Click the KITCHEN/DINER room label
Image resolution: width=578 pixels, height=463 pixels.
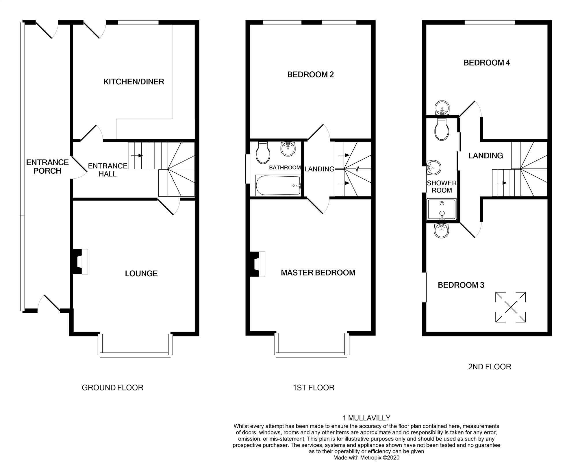134,82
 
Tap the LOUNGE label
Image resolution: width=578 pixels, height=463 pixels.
141,273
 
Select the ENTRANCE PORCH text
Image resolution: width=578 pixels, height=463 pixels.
47,166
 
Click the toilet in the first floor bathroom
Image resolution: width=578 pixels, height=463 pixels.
263,153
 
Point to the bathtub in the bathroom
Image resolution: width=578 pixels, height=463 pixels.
278,186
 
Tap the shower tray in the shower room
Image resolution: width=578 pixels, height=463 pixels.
442,209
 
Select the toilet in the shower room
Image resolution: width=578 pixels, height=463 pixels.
442,129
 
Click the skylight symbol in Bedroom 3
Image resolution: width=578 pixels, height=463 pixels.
510,307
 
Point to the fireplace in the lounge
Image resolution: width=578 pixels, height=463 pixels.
79,261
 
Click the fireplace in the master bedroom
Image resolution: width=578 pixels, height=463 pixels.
257,264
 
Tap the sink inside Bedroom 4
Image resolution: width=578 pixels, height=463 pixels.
442,108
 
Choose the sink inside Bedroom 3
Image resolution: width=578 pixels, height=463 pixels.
441,231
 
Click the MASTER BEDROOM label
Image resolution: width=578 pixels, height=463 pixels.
318,273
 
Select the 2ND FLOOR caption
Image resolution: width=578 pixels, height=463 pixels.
489,367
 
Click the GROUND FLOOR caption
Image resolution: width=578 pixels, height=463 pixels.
112,388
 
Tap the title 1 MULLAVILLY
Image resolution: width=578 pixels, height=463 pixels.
366,418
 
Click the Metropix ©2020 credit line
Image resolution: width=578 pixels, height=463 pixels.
366,458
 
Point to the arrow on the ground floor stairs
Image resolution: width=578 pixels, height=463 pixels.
137,155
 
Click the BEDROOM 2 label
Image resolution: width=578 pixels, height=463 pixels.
310,75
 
